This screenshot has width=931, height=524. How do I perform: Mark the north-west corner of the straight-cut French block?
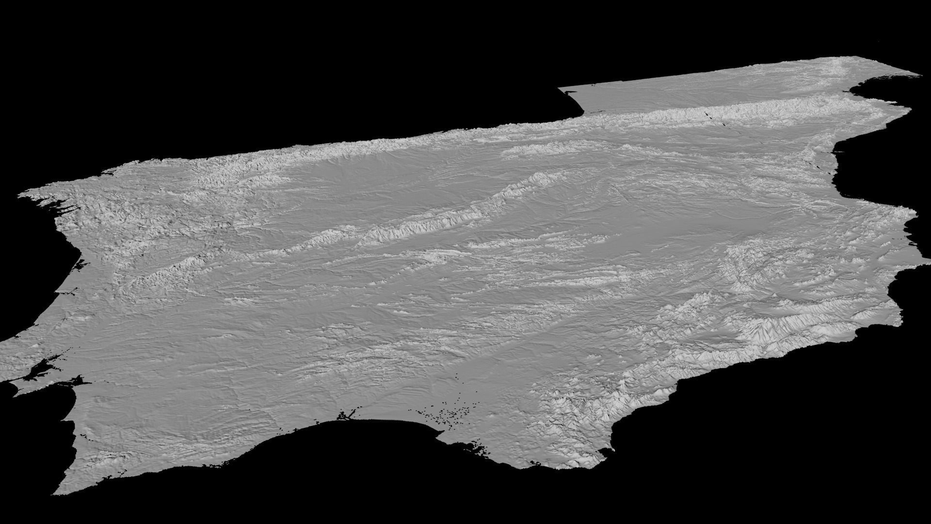click(560, 89)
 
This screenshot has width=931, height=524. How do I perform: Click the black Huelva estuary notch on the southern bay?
click(345, 415)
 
